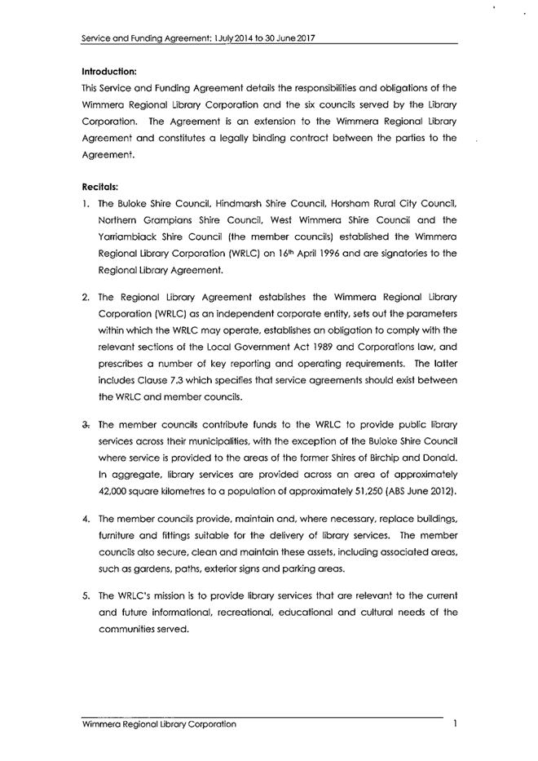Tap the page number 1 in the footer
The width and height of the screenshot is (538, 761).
point(454,723)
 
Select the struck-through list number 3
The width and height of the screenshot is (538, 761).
point(86,424)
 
